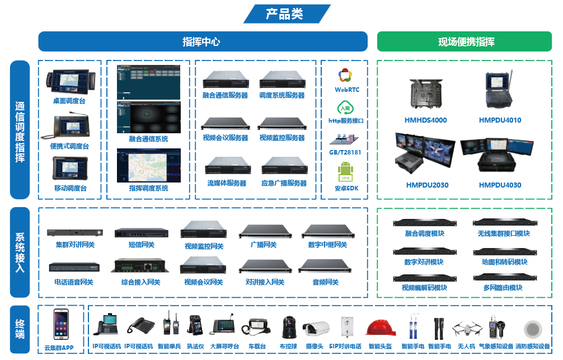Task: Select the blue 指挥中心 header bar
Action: click(203, 42)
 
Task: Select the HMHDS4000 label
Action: click(425, 120)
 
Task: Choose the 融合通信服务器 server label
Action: click(225, 96)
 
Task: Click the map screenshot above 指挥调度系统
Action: click(149, 165)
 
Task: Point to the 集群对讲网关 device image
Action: click(75, 232)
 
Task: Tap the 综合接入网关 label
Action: click(140, 282)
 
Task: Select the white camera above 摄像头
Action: click(317, 329)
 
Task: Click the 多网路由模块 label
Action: click(503, 288)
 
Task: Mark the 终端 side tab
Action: click(20, 329)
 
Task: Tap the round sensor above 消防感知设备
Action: click(532, 329)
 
